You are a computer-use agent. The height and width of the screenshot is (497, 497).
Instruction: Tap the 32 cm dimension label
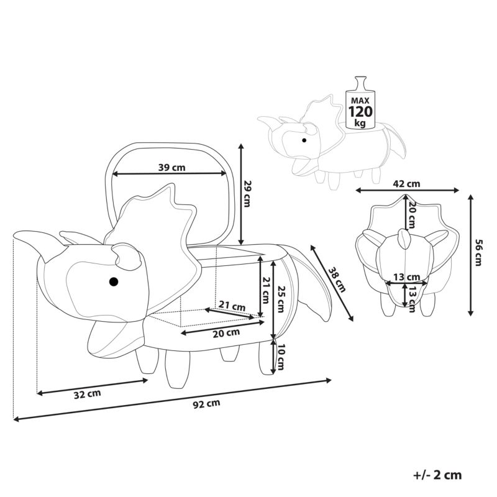(x=88, y=394)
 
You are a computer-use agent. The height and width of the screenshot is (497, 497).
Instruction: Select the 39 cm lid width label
(x=172, y=167)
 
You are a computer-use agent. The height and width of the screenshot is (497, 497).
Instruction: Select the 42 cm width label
(x=407, y=183)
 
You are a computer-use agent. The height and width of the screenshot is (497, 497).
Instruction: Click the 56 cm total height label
(x=478, y=253)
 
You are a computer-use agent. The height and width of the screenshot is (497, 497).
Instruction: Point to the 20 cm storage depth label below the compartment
(x=226, y=333)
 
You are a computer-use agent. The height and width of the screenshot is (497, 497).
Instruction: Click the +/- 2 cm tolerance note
(x=437, y=475)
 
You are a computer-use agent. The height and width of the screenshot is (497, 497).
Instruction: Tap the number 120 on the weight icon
(x=360, y=112)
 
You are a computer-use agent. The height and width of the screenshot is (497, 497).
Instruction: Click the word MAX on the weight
(x=360, y=101)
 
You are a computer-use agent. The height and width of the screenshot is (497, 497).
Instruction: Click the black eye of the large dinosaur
(x=114, y=281)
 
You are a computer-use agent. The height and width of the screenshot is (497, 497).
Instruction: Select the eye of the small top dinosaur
(x=304, y=140)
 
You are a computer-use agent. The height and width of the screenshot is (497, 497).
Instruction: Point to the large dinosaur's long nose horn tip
(x=14, y=235)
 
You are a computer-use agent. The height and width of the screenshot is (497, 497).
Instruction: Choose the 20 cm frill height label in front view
(x=411, y=215)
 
